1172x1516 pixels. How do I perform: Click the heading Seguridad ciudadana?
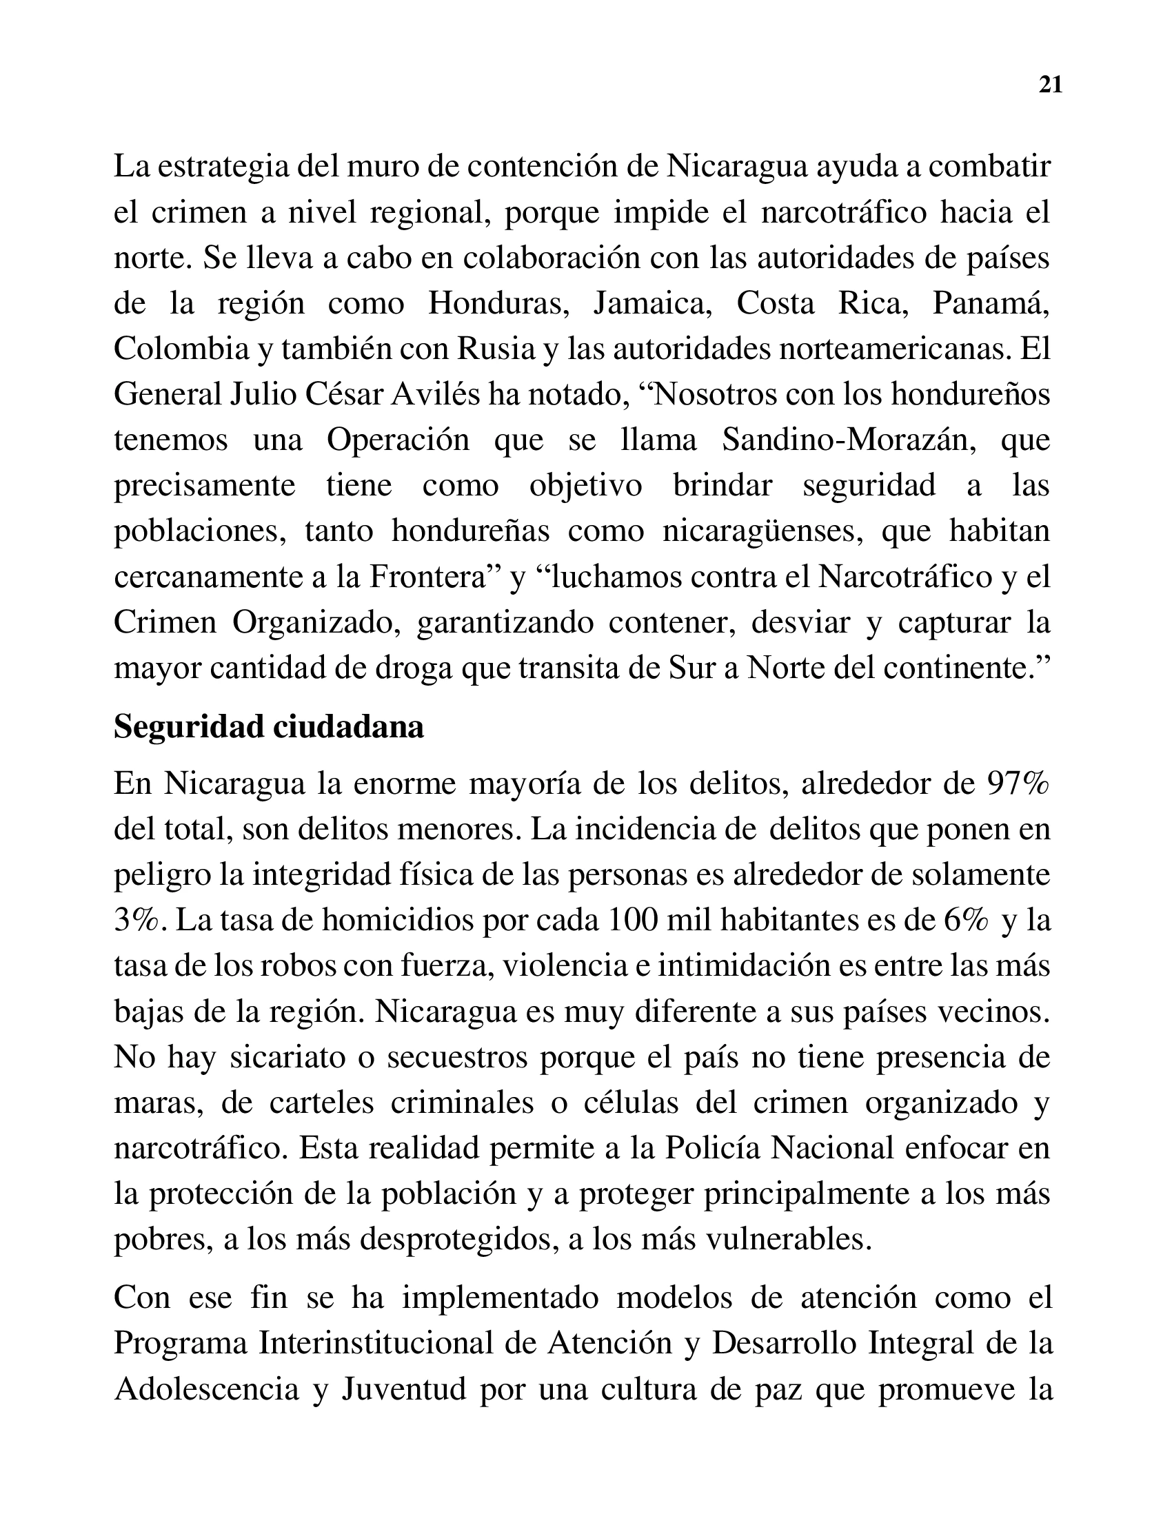coord(269,728)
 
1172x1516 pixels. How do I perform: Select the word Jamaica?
coord(652,303)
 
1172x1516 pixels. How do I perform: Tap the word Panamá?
coord(989,303)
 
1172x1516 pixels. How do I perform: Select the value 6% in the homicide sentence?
coord(966,921)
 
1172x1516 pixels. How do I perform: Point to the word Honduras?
coord(498,303)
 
